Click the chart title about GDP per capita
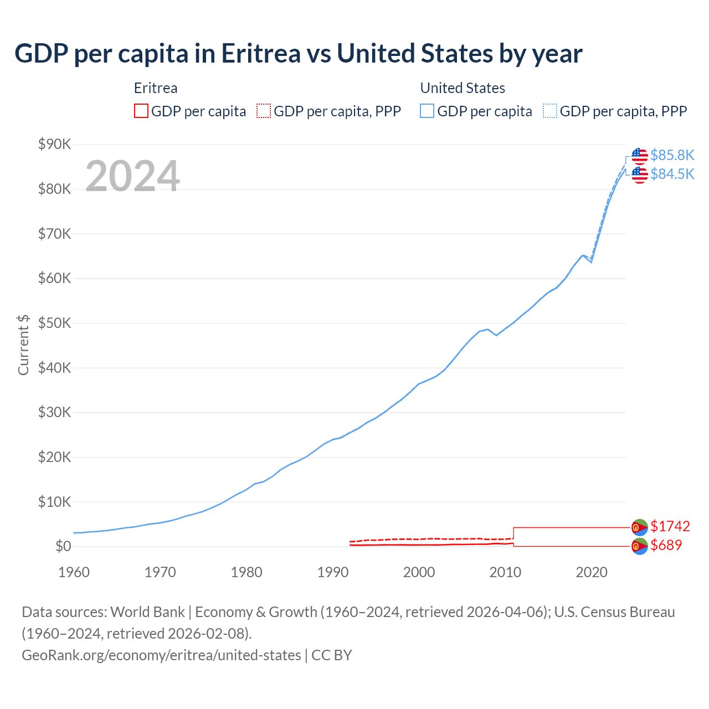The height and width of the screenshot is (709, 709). [298, 54]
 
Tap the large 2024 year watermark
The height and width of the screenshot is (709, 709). [132, 176]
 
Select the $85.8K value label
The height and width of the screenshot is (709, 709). [672, 155]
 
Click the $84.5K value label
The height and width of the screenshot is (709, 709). [672, 174]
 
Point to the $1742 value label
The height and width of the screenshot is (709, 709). [670, 526]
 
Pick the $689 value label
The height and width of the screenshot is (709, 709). [666, 545]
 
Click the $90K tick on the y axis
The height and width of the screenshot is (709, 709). [54, 145]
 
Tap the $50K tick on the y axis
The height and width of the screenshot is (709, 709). [54, 323]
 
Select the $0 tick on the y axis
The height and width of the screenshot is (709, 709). [63, 547]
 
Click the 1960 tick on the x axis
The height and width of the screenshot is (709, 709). [74, 572]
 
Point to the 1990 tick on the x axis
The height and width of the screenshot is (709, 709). [333, 572]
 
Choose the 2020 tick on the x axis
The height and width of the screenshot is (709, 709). [592, 572]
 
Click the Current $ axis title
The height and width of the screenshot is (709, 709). [23, 345]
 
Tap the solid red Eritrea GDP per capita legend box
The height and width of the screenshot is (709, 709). [141, 111]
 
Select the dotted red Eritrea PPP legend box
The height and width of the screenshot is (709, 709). [264, 111]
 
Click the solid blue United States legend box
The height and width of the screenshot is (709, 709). [427, 111]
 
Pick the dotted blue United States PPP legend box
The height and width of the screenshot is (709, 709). [550, 111]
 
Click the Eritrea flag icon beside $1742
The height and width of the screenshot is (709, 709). [640, 527]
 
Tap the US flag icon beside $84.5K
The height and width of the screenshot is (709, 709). [640, 174]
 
